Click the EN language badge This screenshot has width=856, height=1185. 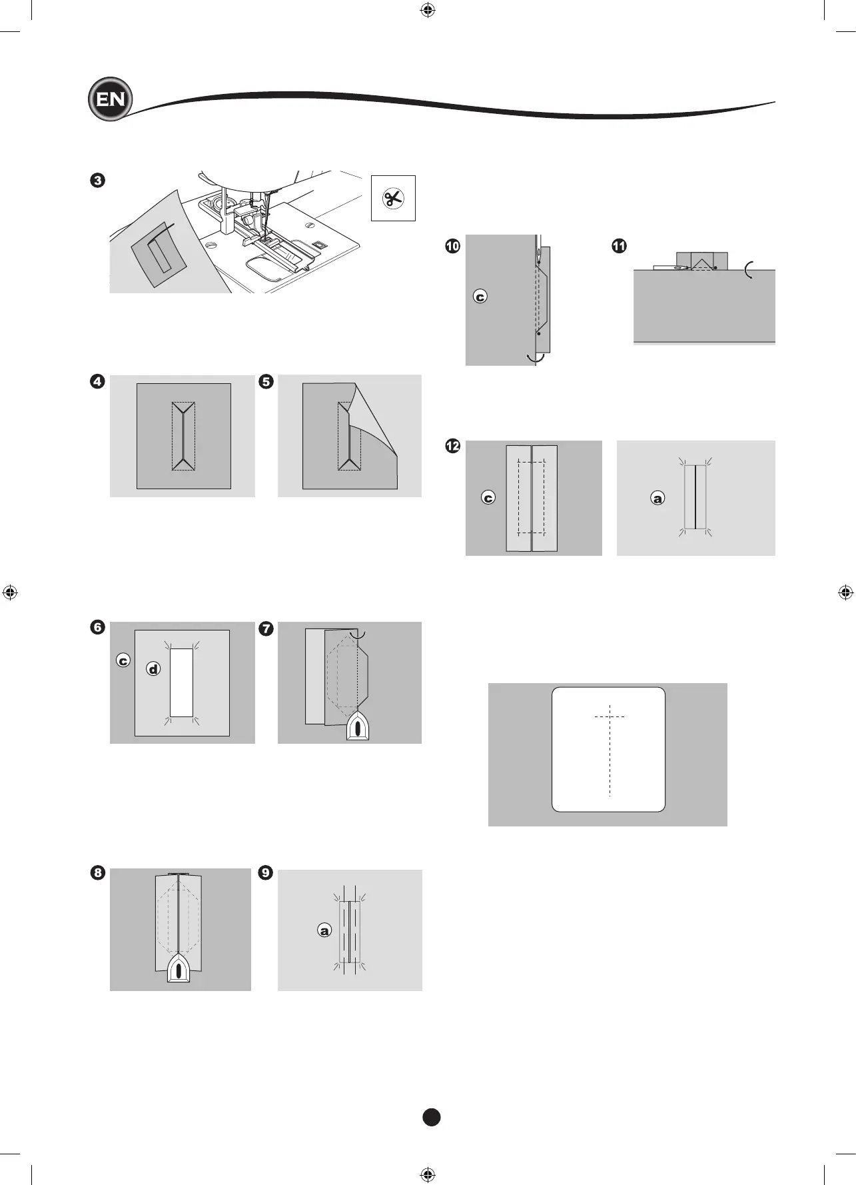tap(111, 99)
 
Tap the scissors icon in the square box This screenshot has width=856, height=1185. tap(393, 198)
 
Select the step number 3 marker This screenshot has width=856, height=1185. tap(98, 181)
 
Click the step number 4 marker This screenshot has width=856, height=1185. tap(98, 382)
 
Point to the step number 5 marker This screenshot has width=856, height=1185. tap(266, 382)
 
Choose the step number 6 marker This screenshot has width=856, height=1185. tap(98, 627)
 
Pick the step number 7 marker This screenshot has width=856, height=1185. tap(266, 628)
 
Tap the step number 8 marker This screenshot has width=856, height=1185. tap(98, 873)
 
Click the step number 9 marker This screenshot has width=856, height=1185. tap(266, 873)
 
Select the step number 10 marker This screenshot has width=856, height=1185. tap(452, 246)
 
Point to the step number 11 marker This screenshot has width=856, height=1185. tap(620, 246)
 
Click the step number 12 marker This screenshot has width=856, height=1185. tap(452, 446)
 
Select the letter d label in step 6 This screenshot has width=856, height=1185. tap(154, 668)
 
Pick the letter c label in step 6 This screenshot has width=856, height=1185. tap(123, 660)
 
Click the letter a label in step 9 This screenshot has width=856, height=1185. tap(324, 930)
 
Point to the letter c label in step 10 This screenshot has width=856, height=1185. tap(480, 297)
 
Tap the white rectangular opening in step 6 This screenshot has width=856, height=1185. tap(181, 683)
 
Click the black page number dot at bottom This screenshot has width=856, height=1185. tap(431, 1118)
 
